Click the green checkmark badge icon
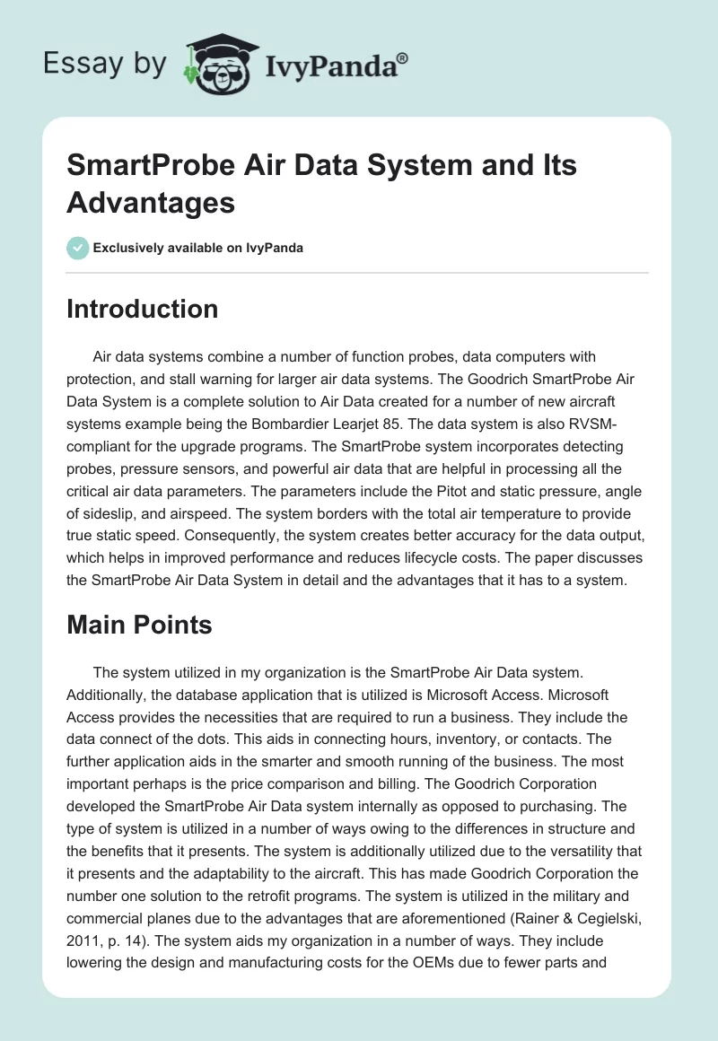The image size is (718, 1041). coord(78,248)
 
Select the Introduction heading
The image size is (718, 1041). coord(143,309)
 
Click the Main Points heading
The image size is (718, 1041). coord(139,625)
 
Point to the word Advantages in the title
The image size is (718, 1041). coord(151,202)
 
